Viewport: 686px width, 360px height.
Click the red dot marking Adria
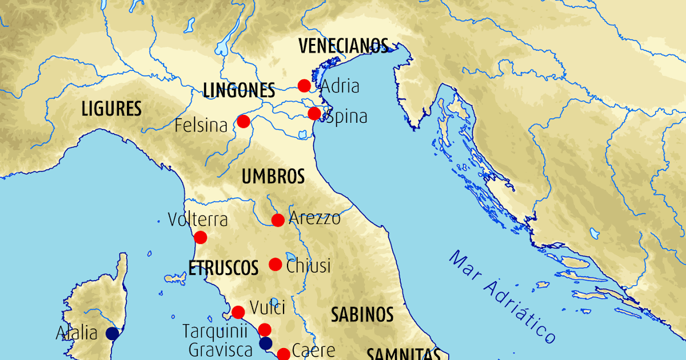304,86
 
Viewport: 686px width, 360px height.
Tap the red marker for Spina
314,114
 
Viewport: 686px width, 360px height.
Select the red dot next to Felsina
244,121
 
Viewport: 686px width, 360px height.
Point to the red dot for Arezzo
278,220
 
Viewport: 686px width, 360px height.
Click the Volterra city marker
201,237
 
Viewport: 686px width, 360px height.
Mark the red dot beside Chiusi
275,265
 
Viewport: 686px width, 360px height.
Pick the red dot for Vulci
238,312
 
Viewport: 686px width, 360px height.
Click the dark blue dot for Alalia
113,333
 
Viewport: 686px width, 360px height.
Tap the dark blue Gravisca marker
266,343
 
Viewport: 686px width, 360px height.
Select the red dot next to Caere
283,354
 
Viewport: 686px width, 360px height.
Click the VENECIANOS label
344,46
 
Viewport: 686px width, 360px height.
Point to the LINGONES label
239,90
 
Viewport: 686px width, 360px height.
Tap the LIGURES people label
111,109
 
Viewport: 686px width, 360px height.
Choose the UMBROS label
273,177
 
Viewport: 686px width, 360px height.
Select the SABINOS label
362,314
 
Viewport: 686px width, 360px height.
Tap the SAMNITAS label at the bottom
402,354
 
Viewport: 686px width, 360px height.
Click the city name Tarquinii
218,330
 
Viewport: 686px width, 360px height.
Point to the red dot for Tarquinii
264,329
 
